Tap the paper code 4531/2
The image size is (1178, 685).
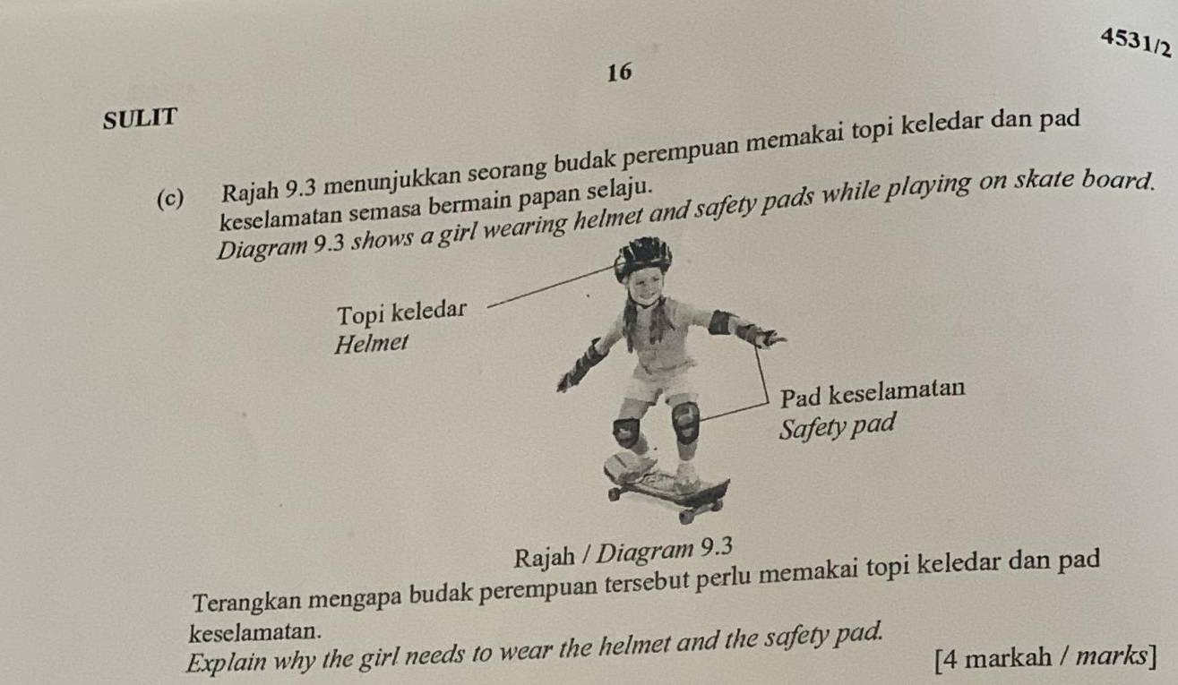click(x=1135, y=42)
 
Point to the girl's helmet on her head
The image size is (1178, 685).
click(x=642, y=255)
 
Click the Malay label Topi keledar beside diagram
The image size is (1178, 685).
click(x=403, y=313)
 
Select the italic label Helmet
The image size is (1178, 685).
click(x=371, y=343)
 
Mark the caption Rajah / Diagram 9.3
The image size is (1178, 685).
click(x=624, y=545)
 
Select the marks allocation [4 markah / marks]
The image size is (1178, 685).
click(x=1044, y=662)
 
